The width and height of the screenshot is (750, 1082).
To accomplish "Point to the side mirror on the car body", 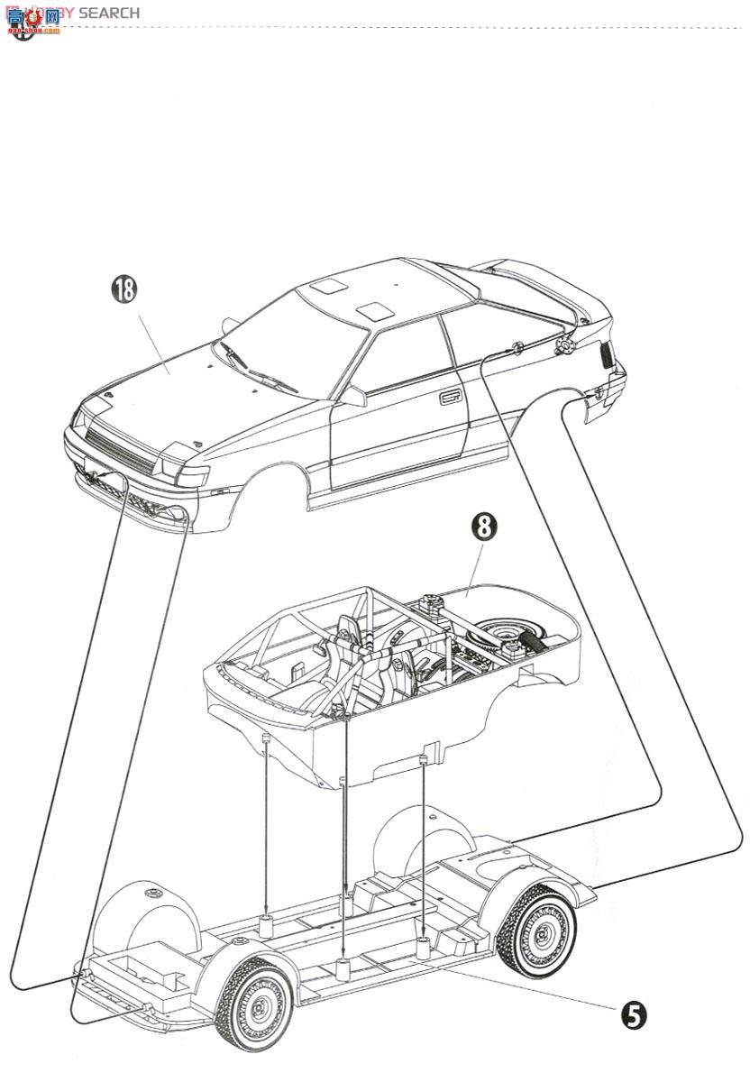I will pos(353,396).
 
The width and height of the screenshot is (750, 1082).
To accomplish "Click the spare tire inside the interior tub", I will pos(507,634).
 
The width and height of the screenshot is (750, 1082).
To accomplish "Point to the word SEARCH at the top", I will pos(109,13).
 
